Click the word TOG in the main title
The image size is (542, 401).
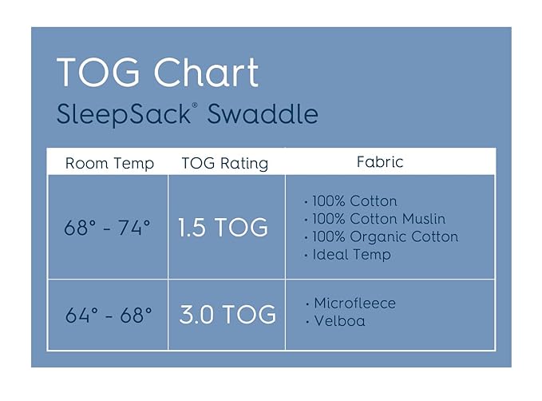pyautogui.click(x=100, y=73)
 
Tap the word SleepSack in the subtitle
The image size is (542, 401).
pyautogui.click(x=121, y=113)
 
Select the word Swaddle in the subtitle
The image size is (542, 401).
pyautogui.click(x=263, y=113)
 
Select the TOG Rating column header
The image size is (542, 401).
pyautogui.click(x=225, y=163)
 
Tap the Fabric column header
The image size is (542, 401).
pyautogui.click(x=381, y=162)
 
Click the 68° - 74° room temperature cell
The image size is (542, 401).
pyautogui.click(x=108, y=228)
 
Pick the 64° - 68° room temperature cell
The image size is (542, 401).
pyautogui.click(x=108, y=314)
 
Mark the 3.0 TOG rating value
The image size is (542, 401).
pyautogui.click(x=227, y=314)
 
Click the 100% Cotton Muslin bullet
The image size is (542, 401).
pyautogui.click(x=375, y=219)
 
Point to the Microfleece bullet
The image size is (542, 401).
pyautogui.click(x=351, y=304)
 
